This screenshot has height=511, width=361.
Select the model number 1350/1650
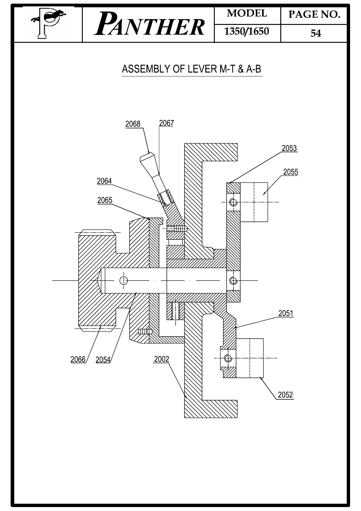[x=246, y=32]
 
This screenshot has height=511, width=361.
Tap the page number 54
[x=315, y=33]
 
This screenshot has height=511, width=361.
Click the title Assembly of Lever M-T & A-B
[x=191, y=69]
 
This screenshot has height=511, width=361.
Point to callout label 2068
[x=133, y=124]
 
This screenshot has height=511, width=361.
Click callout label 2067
[x=166, y=123]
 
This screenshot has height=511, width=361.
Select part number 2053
[x=289, y=148]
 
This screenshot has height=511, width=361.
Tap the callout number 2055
[x=291, y=172]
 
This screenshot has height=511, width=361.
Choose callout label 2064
[x=104, y=181]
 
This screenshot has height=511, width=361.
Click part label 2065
[x=105, y=200]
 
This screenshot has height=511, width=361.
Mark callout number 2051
[x=286, y=313]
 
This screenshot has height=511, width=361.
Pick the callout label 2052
[x=285, y=395]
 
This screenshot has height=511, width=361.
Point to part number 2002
[x=161, y=359]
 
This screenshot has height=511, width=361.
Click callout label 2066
[x=78, y=359]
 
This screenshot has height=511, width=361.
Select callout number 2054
[x=103, y=360]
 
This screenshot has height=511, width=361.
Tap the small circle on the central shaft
[x=124, y=280]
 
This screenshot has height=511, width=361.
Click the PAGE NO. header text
[x=314, y=15]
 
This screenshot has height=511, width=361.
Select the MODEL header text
[x=247, y=14]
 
